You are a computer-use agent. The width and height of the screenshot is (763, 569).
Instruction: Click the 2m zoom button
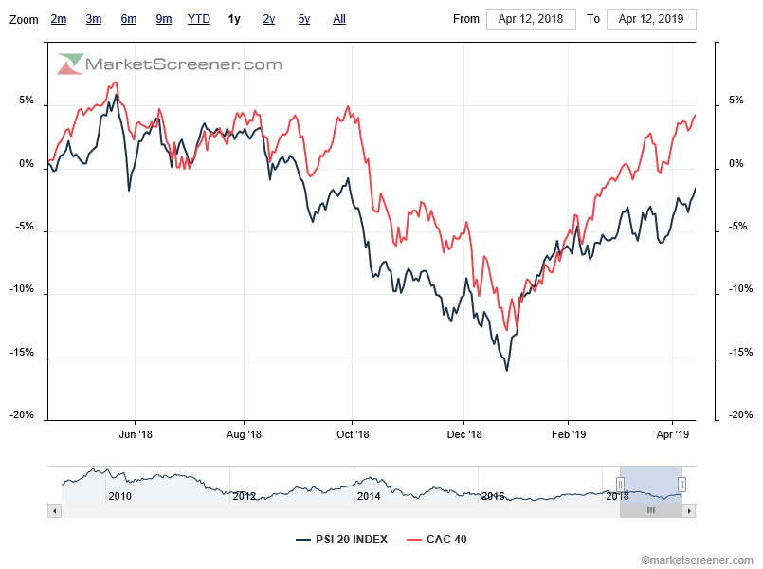pyautogui.click(x=59, y=19)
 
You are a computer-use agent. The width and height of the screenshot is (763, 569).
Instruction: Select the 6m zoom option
pyautogui.click(x=129, y=19)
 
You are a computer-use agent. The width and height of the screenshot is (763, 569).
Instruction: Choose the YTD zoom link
pyautogui.click(x=199, y=19)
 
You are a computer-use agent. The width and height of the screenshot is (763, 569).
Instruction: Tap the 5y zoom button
pyautogui.click(x=303, y=19)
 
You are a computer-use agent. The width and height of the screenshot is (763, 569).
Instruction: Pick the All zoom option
pyautogui.click(x=339, y=19)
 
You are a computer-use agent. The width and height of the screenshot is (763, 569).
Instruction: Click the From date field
pyautogui.click(x=531, y=19)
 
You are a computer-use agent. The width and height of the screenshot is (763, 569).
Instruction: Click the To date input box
pyautogui.click(x=651, y=19)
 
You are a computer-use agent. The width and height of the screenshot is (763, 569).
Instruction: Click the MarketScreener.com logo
pyautogui.click(x=171, y=64)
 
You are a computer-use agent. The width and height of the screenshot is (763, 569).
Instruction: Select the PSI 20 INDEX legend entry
pyautogui.click(x=341, y=540)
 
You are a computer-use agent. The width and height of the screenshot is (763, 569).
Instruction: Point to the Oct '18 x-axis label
pyautogui.click(x=353, y=435)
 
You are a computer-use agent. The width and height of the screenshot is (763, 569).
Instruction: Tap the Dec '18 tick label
pyautogui.click(x=464, y=435)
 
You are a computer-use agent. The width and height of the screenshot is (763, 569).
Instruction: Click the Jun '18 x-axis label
pyautogui.click(x=135, y=435)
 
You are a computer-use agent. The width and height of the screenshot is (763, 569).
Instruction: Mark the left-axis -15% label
pyautogui.click(x=22, y=353)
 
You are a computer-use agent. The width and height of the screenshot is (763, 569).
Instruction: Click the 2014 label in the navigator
pyautogui.click(x=369, y=496)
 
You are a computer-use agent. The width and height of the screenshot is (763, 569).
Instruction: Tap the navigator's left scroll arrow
pyautogui.click(x=55, y=510)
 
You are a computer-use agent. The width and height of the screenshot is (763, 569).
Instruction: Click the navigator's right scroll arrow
pyautogui.click(x=689, y=510)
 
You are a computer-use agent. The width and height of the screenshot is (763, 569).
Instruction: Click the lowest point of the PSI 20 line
pyautogui.click(x=507, y=370)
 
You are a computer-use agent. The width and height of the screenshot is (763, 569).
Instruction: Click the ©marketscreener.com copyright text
pyautogui.click(x=698, y=560)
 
